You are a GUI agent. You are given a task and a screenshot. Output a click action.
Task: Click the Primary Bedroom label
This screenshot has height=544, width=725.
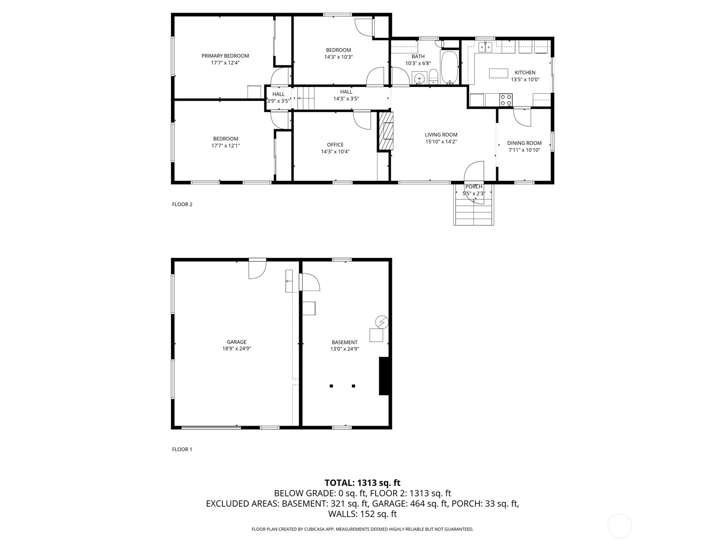point(225,56)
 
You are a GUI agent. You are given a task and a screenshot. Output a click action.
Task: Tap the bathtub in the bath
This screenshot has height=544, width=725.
point(449,68)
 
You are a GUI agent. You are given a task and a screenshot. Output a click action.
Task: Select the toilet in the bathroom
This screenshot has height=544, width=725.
point(433,77)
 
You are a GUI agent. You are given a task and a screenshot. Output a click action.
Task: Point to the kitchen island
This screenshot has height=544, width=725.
point(498,73)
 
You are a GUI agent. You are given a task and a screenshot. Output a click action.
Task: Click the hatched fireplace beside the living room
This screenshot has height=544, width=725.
point(386,131)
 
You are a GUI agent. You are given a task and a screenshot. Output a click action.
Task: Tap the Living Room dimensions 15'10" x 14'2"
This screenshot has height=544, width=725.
point(441,142)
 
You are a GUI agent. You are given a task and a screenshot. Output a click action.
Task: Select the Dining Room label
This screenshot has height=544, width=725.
point(524,143)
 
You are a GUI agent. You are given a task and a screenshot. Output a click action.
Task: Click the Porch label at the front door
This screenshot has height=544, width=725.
point(474,187)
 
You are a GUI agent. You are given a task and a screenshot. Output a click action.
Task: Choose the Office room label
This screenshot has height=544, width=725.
point(335,145)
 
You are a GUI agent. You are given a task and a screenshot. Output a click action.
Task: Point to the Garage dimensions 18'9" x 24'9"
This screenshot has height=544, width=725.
point(237,349)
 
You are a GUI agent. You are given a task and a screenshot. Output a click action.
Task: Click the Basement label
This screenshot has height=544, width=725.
point(344,342)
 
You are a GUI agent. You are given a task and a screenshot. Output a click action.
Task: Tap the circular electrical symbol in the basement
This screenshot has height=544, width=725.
point(382,321)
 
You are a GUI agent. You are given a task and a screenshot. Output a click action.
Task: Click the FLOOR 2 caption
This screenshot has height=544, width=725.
point(182,204)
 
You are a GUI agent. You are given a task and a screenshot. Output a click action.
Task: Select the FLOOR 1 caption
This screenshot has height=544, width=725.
point(182,449)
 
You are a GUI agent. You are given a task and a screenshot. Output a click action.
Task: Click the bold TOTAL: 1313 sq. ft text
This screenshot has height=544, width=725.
point(362,483)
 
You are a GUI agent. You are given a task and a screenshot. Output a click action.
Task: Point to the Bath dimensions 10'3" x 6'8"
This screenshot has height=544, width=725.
point(418,63)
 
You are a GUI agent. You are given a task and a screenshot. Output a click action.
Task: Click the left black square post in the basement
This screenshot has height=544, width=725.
point(331,386)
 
